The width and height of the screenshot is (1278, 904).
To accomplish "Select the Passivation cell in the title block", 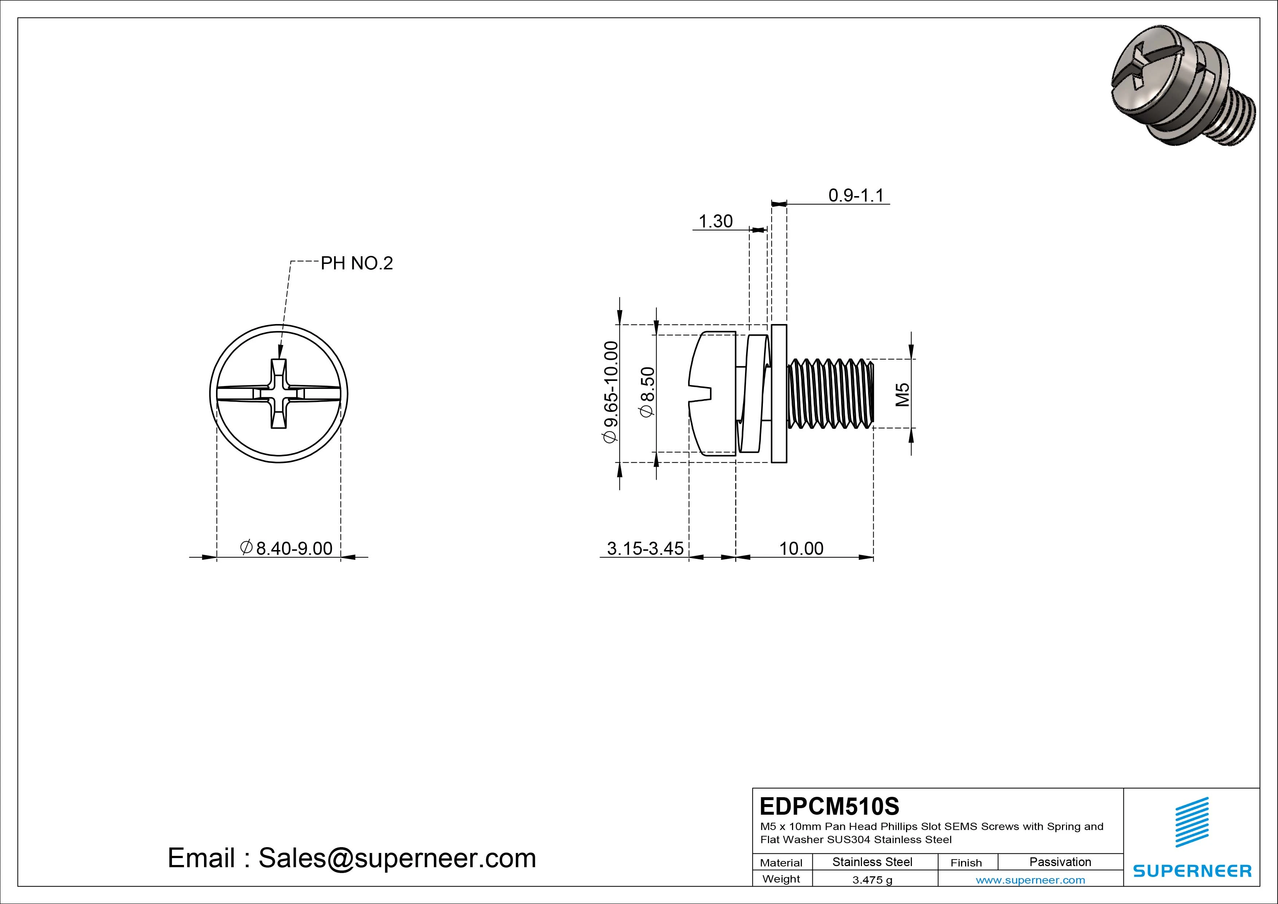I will pyautogui.click(x=1060, y=862).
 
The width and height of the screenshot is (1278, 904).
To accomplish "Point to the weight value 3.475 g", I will pyautogui.click(x=872, y=880).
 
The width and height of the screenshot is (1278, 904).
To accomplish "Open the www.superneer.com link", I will pyautogui.click(x=1030, y=880).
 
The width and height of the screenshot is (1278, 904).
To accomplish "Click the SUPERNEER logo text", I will pyautogui.click(x=1192, y=870).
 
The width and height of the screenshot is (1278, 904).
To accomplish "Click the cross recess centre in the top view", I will pyautogui.click(x=279, y=393).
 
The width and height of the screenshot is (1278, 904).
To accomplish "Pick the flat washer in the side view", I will pyautogui.click(x=779, y=393).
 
